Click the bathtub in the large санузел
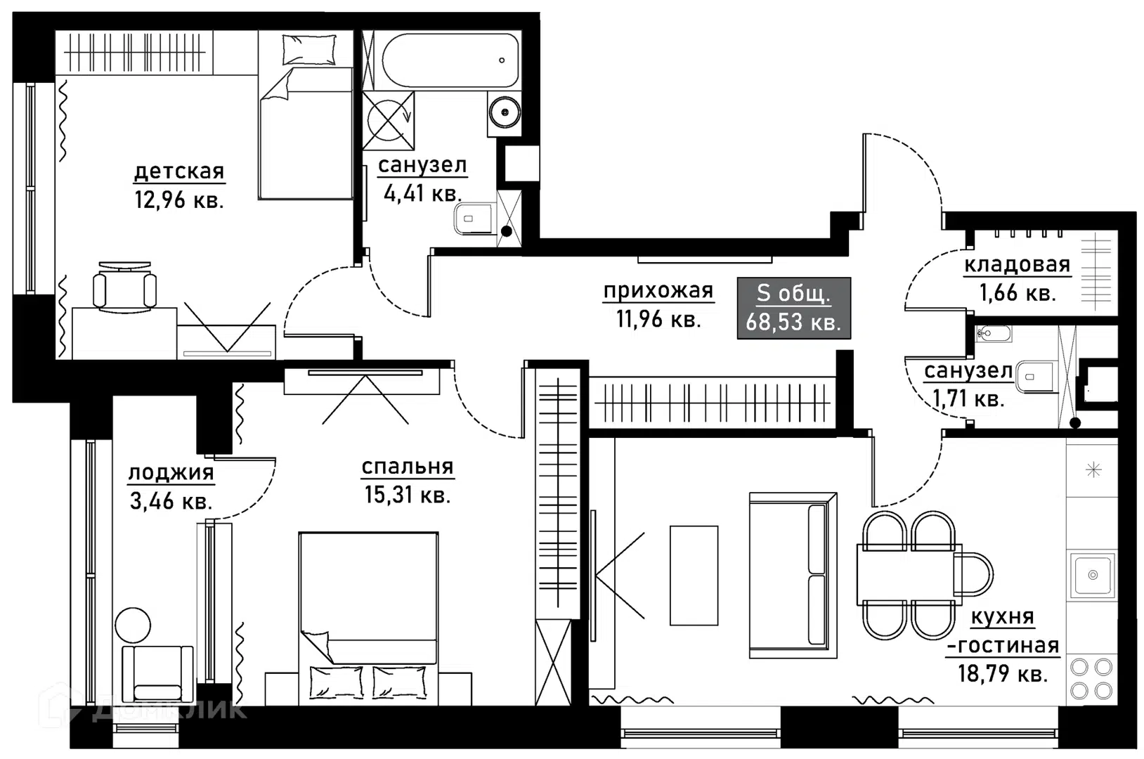[450, 60]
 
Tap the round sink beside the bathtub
[504, 112]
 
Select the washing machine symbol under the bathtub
[388, 121]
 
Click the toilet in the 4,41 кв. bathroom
[475, 219]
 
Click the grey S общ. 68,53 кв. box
[793, 308]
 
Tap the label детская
[179, 171]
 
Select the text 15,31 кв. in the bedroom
[407, 495]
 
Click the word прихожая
[658, 291]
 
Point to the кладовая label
[1017, 264]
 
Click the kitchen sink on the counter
[1093, 575]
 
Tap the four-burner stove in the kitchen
[1091, 679]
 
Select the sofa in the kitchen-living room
[793, 575]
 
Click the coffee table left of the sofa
[694, 575]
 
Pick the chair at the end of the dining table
[973, 574]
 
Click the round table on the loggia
[133, 625]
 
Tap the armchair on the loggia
[157, 674]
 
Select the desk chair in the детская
[124, 287]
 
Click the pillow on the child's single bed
[309, 49]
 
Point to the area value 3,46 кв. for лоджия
[171, 501]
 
